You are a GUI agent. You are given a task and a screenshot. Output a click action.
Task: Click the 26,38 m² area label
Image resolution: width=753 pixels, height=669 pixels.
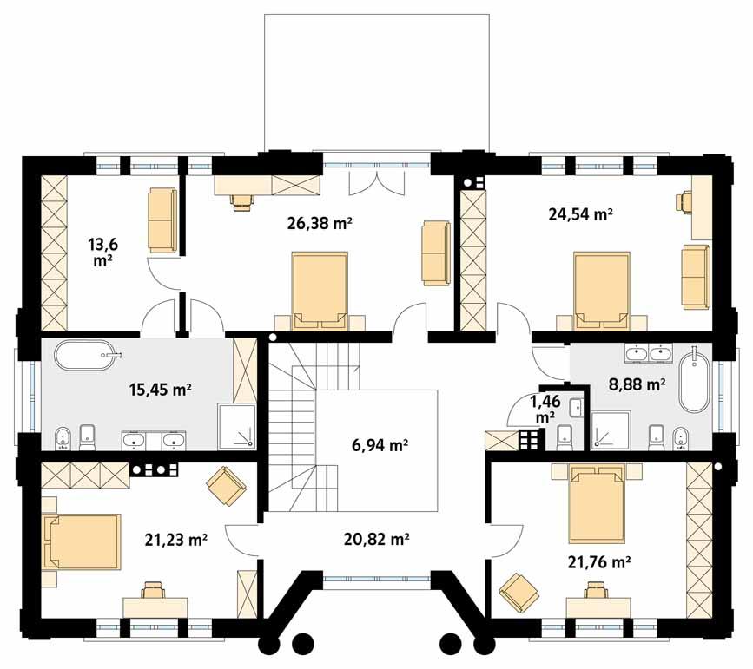(x=319, y=223)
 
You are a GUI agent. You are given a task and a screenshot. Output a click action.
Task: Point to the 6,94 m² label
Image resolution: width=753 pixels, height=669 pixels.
(x=380, y=447)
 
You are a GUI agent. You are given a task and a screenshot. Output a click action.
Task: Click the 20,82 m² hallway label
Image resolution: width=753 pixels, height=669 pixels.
(x=376, y=539)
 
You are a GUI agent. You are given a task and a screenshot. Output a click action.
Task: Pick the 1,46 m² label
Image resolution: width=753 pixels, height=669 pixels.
(x=545, y=409)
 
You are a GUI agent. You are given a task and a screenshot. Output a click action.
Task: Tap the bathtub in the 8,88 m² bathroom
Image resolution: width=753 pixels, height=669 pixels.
(x=693, y=382)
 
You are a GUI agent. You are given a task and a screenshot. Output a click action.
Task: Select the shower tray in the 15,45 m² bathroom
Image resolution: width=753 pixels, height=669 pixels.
(x=237, y=426)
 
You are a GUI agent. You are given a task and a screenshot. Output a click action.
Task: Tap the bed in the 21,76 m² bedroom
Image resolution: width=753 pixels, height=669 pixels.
(x=596, y=502)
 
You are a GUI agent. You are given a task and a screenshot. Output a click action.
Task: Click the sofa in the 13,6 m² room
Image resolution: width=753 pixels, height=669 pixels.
(x=162, y=220)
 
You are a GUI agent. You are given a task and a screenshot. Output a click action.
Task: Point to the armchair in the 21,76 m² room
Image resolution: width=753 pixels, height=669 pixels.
(x=519, y=593)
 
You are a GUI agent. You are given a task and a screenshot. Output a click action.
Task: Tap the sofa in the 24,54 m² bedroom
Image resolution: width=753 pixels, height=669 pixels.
(x=695, y=275)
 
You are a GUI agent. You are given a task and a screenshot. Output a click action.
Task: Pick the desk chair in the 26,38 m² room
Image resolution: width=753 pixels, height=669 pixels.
(x=241, y=201)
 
